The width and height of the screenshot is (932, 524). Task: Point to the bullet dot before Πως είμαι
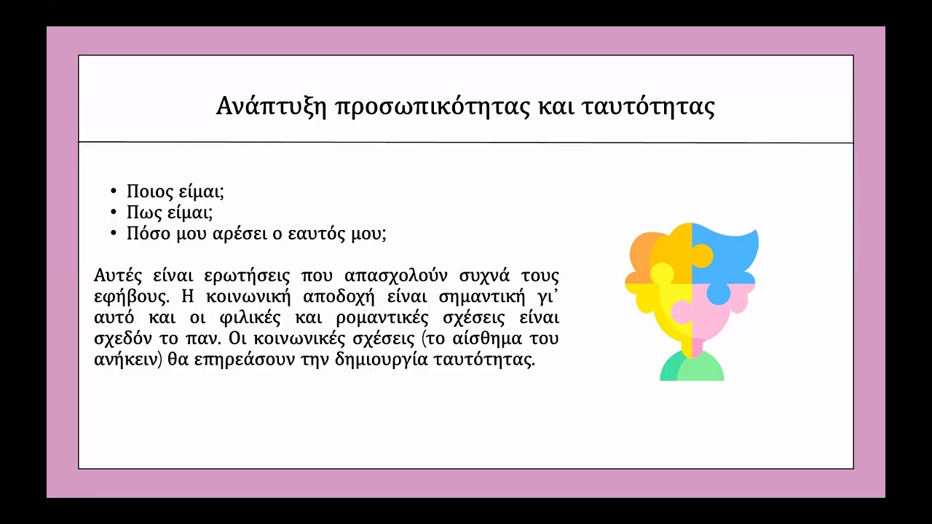click(114, 213)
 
